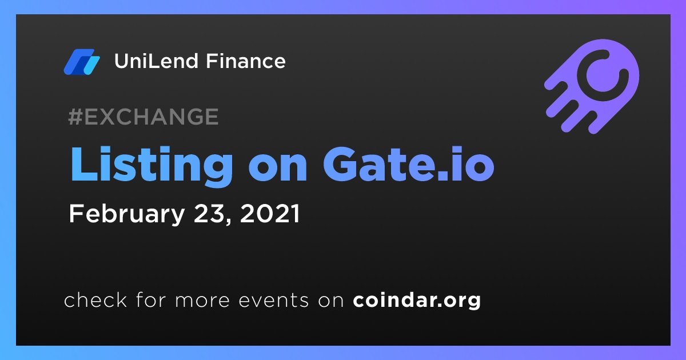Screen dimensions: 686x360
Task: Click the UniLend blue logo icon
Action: tap(82, 62)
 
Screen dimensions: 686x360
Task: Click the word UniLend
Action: tap(156, 61)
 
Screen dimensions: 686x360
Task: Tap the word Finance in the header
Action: tap(246, 61)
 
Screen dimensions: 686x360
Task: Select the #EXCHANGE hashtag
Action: tap(143, 117)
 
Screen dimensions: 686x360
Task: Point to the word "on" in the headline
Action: tap(278, 170)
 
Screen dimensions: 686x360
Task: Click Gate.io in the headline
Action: tap(409, 165)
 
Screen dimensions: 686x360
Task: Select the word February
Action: tap(126, 215)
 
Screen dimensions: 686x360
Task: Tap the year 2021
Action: tap(270, 213)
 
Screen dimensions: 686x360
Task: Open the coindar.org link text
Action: tap(417, 301)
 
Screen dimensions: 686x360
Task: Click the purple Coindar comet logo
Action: tap(592, 86)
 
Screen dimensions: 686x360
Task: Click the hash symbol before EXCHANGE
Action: tap(75, 117)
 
